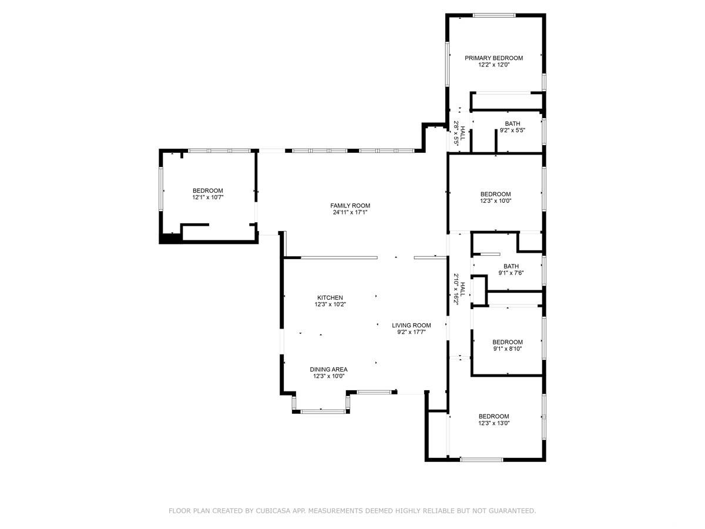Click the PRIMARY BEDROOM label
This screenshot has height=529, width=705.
point(493,58)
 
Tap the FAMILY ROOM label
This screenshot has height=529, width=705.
point(350,206)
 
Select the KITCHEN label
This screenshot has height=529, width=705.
point(330,298)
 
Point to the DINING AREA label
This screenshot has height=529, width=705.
point(328,369)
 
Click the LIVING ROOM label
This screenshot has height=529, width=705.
point(411,326)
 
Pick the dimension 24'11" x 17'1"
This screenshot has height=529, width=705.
point(350,212)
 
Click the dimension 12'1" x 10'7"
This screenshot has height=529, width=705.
point(207,197)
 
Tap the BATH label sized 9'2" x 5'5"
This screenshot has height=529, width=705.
point(512,123)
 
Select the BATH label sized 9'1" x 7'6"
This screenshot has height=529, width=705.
point(511,266)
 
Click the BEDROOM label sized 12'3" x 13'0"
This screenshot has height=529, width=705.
point(493,416)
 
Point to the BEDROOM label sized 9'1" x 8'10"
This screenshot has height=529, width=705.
point(508,342)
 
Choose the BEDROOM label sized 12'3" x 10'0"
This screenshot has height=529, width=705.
point(496,194)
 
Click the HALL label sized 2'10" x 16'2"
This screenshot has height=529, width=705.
point(462,289)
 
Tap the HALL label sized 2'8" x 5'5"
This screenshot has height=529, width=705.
point(462,133)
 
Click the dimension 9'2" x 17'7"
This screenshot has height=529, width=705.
point(411,332)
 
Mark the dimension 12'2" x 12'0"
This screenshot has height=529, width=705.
point(494,65)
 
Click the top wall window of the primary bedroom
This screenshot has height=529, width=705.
point(494,15)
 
